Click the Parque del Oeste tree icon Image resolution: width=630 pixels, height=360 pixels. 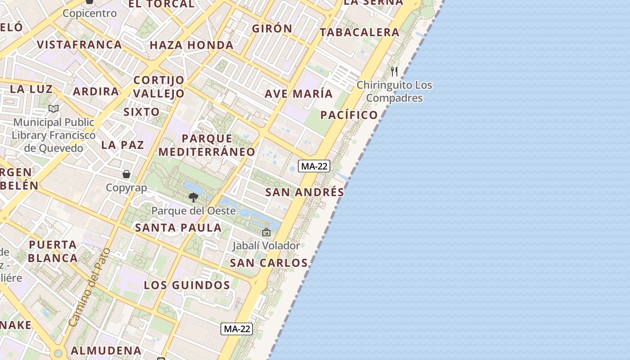coord(193,197)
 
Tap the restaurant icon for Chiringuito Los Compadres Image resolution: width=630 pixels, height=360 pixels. coord(394,71)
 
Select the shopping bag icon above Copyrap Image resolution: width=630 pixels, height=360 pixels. coord(126,174)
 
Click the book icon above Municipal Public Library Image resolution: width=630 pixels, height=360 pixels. coord(54,108)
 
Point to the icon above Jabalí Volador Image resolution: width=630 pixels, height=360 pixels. coord(266,232)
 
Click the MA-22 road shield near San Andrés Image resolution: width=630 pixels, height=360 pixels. coord(314,166)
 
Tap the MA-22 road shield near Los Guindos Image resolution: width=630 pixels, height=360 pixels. coord(237,329)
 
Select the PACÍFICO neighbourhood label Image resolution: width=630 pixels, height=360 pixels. coord(349,115)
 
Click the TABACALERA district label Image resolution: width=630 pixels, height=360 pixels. coord(360,32)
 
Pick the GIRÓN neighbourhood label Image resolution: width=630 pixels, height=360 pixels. coord(272,28)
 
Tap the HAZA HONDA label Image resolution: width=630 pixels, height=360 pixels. coord(192,45)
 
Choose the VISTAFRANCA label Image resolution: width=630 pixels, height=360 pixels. coord(80,45)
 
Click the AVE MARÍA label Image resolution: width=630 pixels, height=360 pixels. coord(299,94)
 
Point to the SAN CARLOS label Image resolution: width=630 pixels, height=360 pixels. coord(269,263)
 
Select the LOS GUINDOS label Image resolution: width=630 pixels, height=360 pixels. coord(187,285)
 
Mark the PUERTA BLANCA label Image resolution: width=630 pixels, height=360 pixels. coord(53,251)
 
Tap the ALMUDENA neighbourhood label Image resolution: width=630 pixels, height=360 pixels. coord(106,350)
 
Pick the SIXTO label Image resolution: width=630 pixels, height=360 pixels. coord(141,112)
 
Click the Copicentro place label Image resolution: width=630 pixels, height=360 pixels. coord(90,13)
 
